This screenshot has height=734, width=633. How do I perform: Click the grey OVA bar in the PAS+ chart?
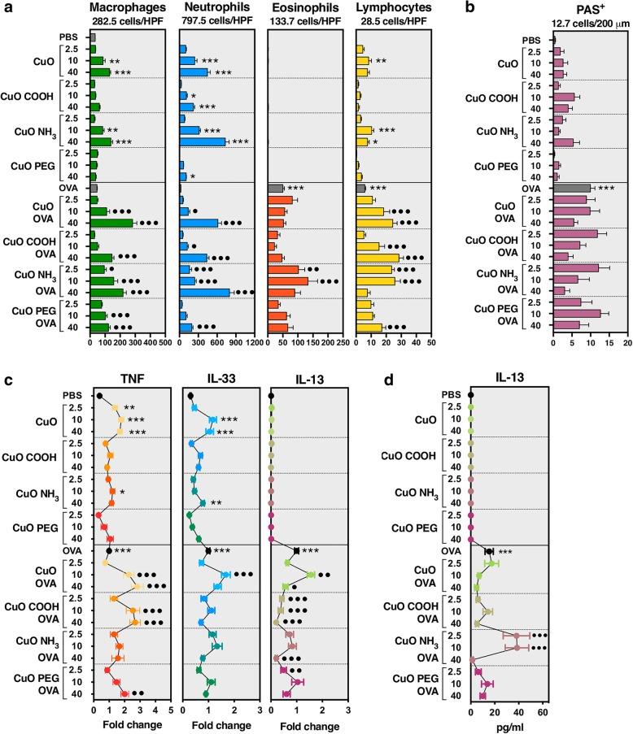(x=572, y=189)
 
